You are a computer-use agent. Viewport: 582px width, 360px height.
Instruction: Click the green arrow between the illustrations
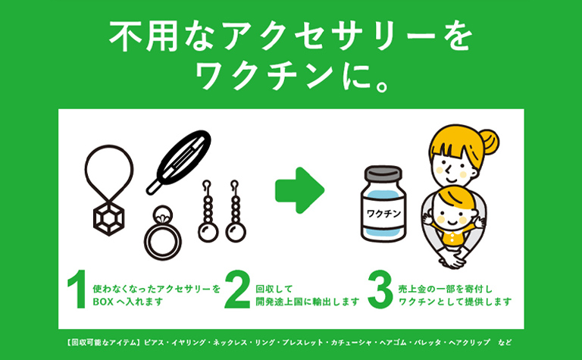tap(299, 191)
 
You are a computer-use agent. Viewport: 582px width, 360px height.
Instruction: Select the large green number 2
tap(238, 292)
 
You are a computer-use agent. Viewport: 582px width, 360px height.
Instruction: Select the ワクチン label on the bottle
tap(386, 214)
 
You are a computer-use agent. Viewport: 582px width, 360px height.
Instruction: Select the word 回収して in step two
tap(271, 289)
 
